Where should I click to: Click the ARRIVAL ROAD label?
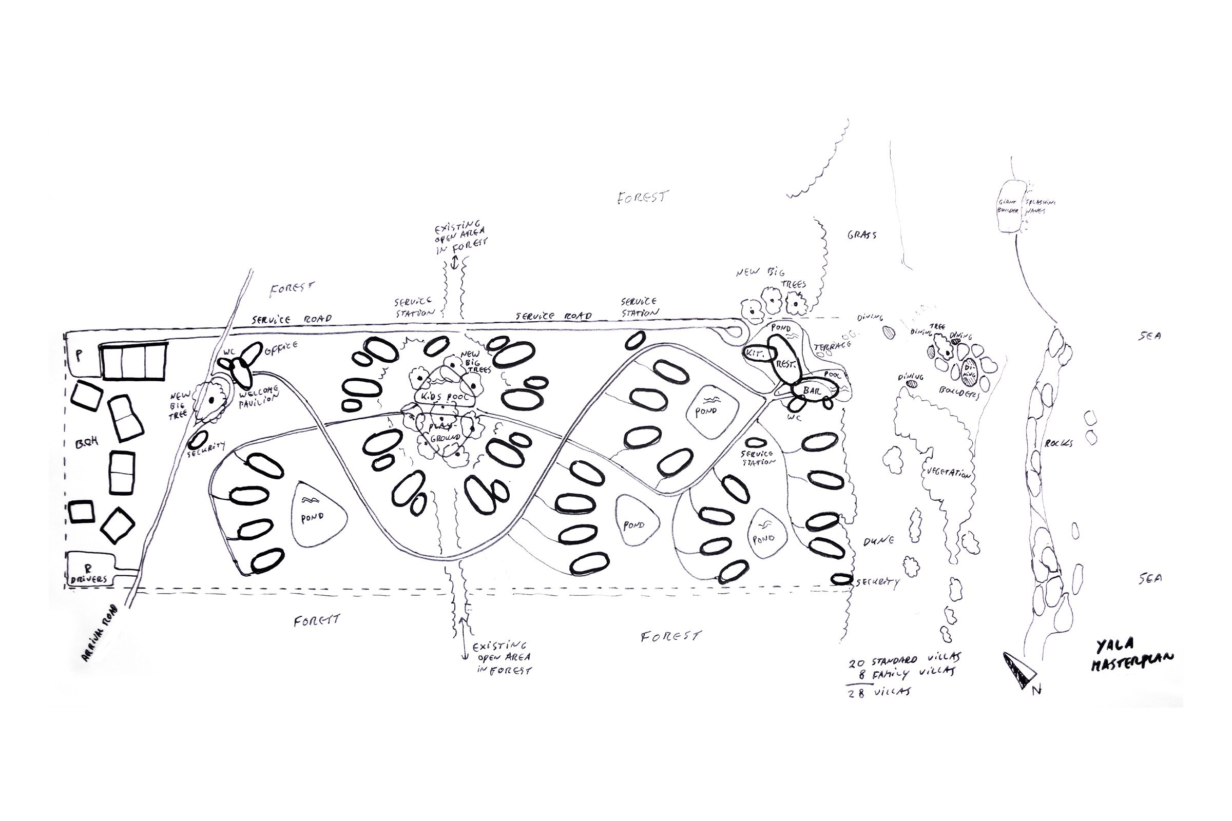(101, 633)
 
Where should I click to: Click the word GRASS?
(862, 235)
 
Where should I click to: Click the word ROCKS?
(1058, 443)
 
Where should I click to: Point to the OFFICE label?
(281, 348)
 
